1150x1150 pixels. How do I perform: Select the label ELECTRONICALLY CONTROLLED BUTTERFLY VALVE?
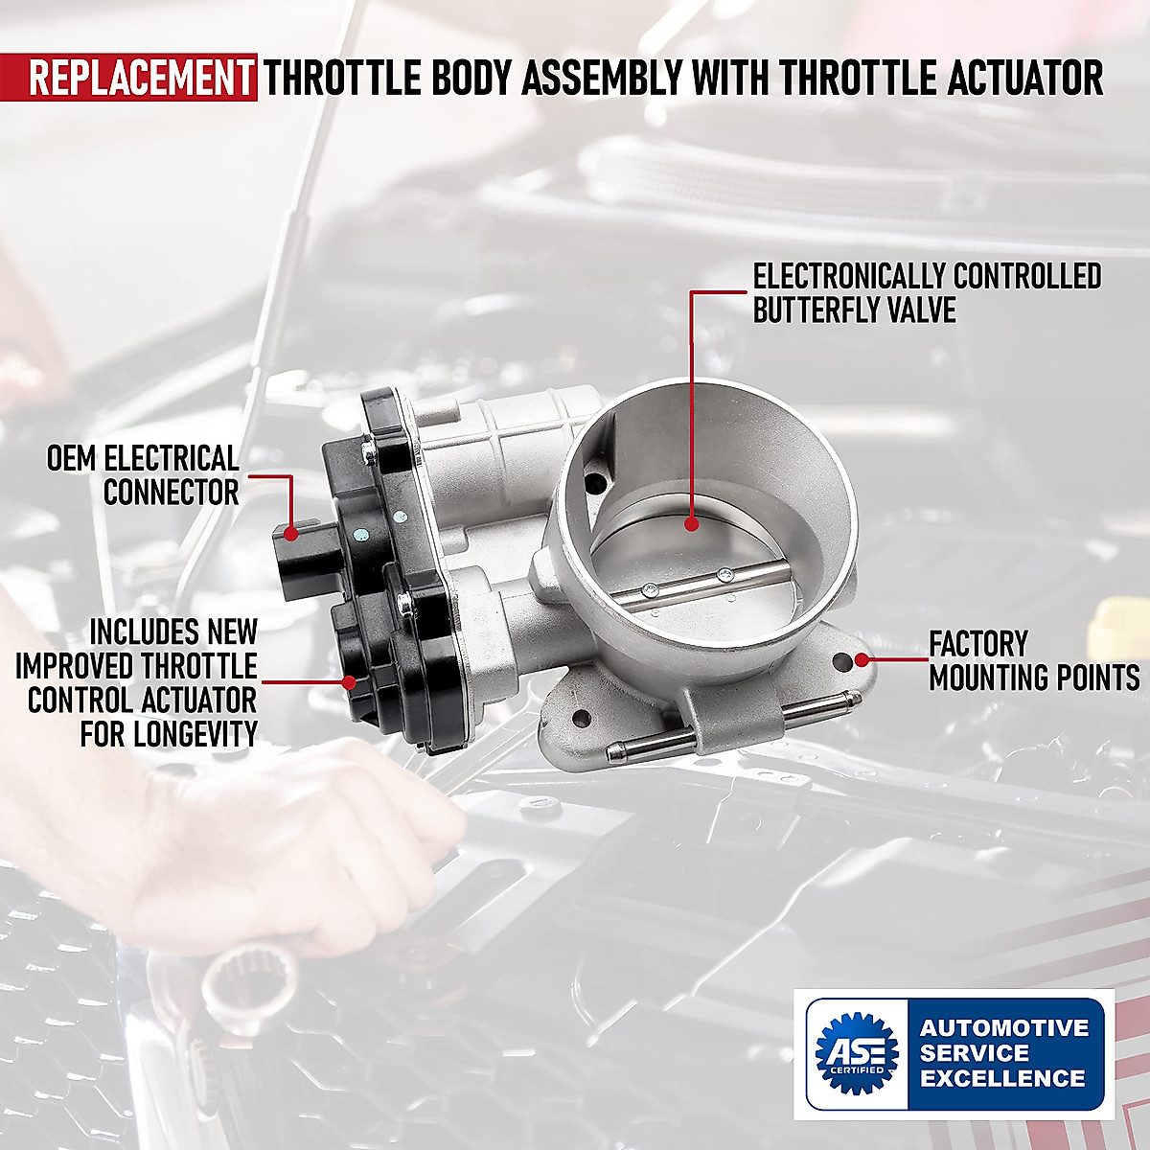(927, 293)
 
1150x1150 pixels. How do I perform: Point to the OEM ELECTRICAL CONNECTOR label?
(144, 475)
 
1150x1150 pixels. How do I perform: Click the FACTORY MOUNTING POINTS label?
(1033, 660)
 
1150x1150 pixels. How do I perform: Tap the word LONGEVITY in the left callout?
(169, 734)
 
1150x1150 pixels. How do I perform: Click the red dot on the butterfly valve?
(691, 523)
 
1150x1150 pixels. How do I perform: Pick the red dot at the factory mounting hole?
(862, 659)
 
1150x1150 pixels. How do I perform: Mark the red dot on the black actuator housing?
(350, 682)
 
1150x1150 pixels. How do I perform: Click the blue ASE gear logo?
(856, 1053)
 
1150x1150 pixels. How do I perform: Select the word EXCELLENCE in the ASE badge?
(1002, 1078)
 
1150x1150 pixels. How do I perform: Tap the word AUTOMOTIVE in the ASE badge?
(1004, 1028)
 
